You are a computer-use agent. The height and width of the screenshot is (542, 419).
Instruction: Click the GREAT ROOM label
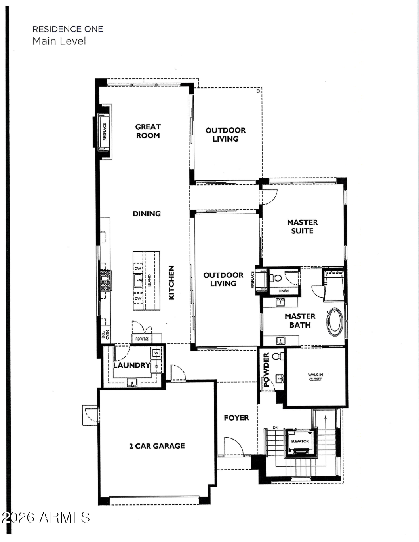pos(148,131)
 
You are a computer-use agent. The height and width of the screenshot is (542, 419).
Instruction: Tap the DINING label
pos(147,214)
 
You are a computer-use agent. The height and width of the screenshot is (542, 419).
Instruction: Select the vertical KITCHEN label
pos(171,282)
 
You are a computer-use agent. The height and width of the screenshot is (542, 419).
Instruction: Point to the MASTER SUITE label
pos(302,226)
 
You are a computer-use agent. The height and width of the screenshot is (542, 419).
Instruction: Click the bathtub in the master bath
pos(335,322)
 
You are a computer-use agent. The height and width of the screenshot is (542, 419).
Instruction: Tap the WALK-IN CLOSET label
pos(315,377)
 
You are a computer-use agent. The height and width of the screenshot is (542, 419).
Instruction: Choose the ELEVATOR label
pos(300,441)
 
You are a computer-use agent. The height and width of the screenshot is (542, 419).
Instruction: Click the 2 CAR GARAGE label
pos(157,446)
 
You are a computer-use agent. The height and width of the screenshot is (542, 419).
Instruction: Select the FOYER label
pos(236,418)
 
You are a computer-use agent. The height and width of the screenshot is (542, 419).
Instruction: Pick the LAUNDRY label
pos(131,365)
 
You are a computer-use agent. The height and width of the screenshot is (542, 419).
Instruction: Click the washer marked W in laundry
pos(156,353)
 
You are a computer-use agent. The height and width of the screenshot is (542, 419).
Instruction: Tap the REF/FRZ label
pos(141,339)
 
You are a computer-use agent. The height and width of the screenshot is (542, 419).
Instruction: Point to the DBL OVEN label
pos(105,334)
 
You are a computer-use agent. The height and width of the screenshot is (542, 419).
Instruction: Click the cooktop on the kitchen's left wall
pos(105,280)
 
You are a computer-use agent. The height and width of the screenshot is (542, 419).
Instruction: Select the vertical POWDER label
pos(266,370)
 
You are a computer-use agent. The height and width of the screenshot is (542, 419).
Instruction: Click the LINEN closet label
pos(284,291)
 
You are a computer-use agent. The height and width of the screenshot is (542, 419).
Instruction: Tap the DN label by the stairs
pos(276,428)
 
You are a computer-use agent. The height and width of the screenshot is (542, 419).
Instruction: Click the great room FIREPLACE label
pos(105,132)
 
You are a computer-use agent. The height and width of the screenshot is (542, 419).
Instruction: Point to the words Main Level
pos(59,41)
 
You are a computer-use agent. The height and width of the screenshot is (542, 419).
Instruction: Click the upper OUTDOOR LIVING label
pos(225,135)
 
